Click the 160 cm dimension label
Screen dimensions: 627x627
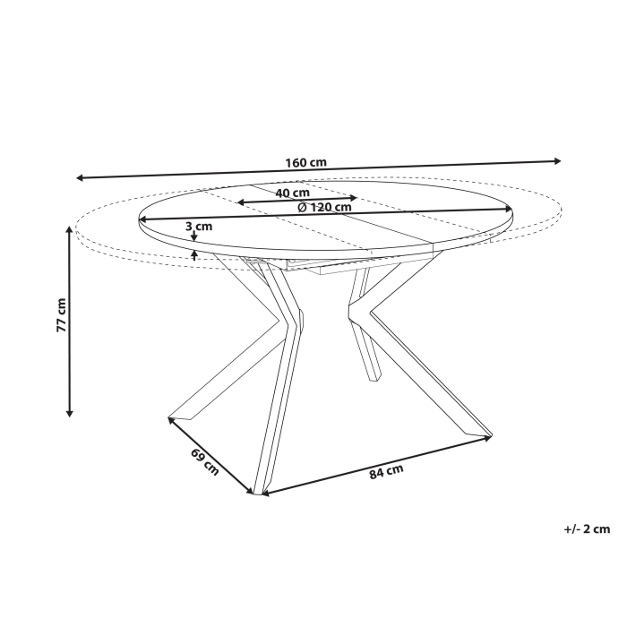[305, 163]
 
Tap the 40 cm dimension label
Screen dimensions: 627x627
[293, 193]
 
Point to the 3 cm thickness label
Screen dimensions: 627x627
[199, 227]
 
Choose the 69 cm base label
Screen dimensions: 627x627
[204, 463]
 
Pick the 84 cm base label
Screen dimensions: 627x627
[386, 472]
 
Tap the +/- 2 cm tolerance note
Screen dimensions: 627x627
[587, 529]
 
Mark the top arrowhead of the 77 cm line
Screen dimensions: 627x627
[70, 229]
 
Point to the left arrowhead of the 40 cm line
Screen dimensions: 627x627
[241, 203]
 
